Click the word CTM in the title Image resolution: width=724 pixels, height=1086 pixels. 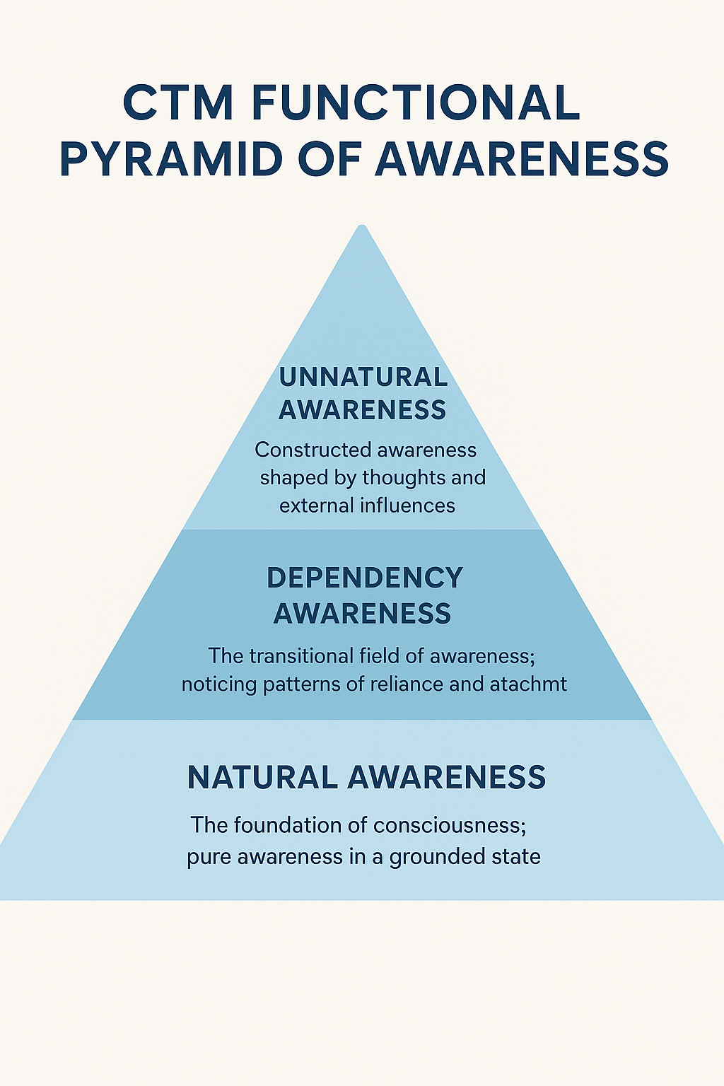177,103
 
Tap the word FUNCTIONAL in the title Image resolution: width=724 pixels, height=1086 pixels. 415,103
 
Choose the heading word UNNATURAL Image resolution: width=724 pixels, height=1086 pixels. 363,377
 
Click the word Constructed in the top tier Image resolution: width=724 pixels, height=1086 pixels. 312,450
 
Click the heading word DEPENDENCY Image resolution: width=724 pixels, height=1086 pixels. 364,578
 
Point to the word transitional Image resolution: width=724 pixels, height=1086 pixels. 302,656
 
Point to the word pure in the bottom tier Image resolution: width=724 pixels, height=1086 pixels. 209,857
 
